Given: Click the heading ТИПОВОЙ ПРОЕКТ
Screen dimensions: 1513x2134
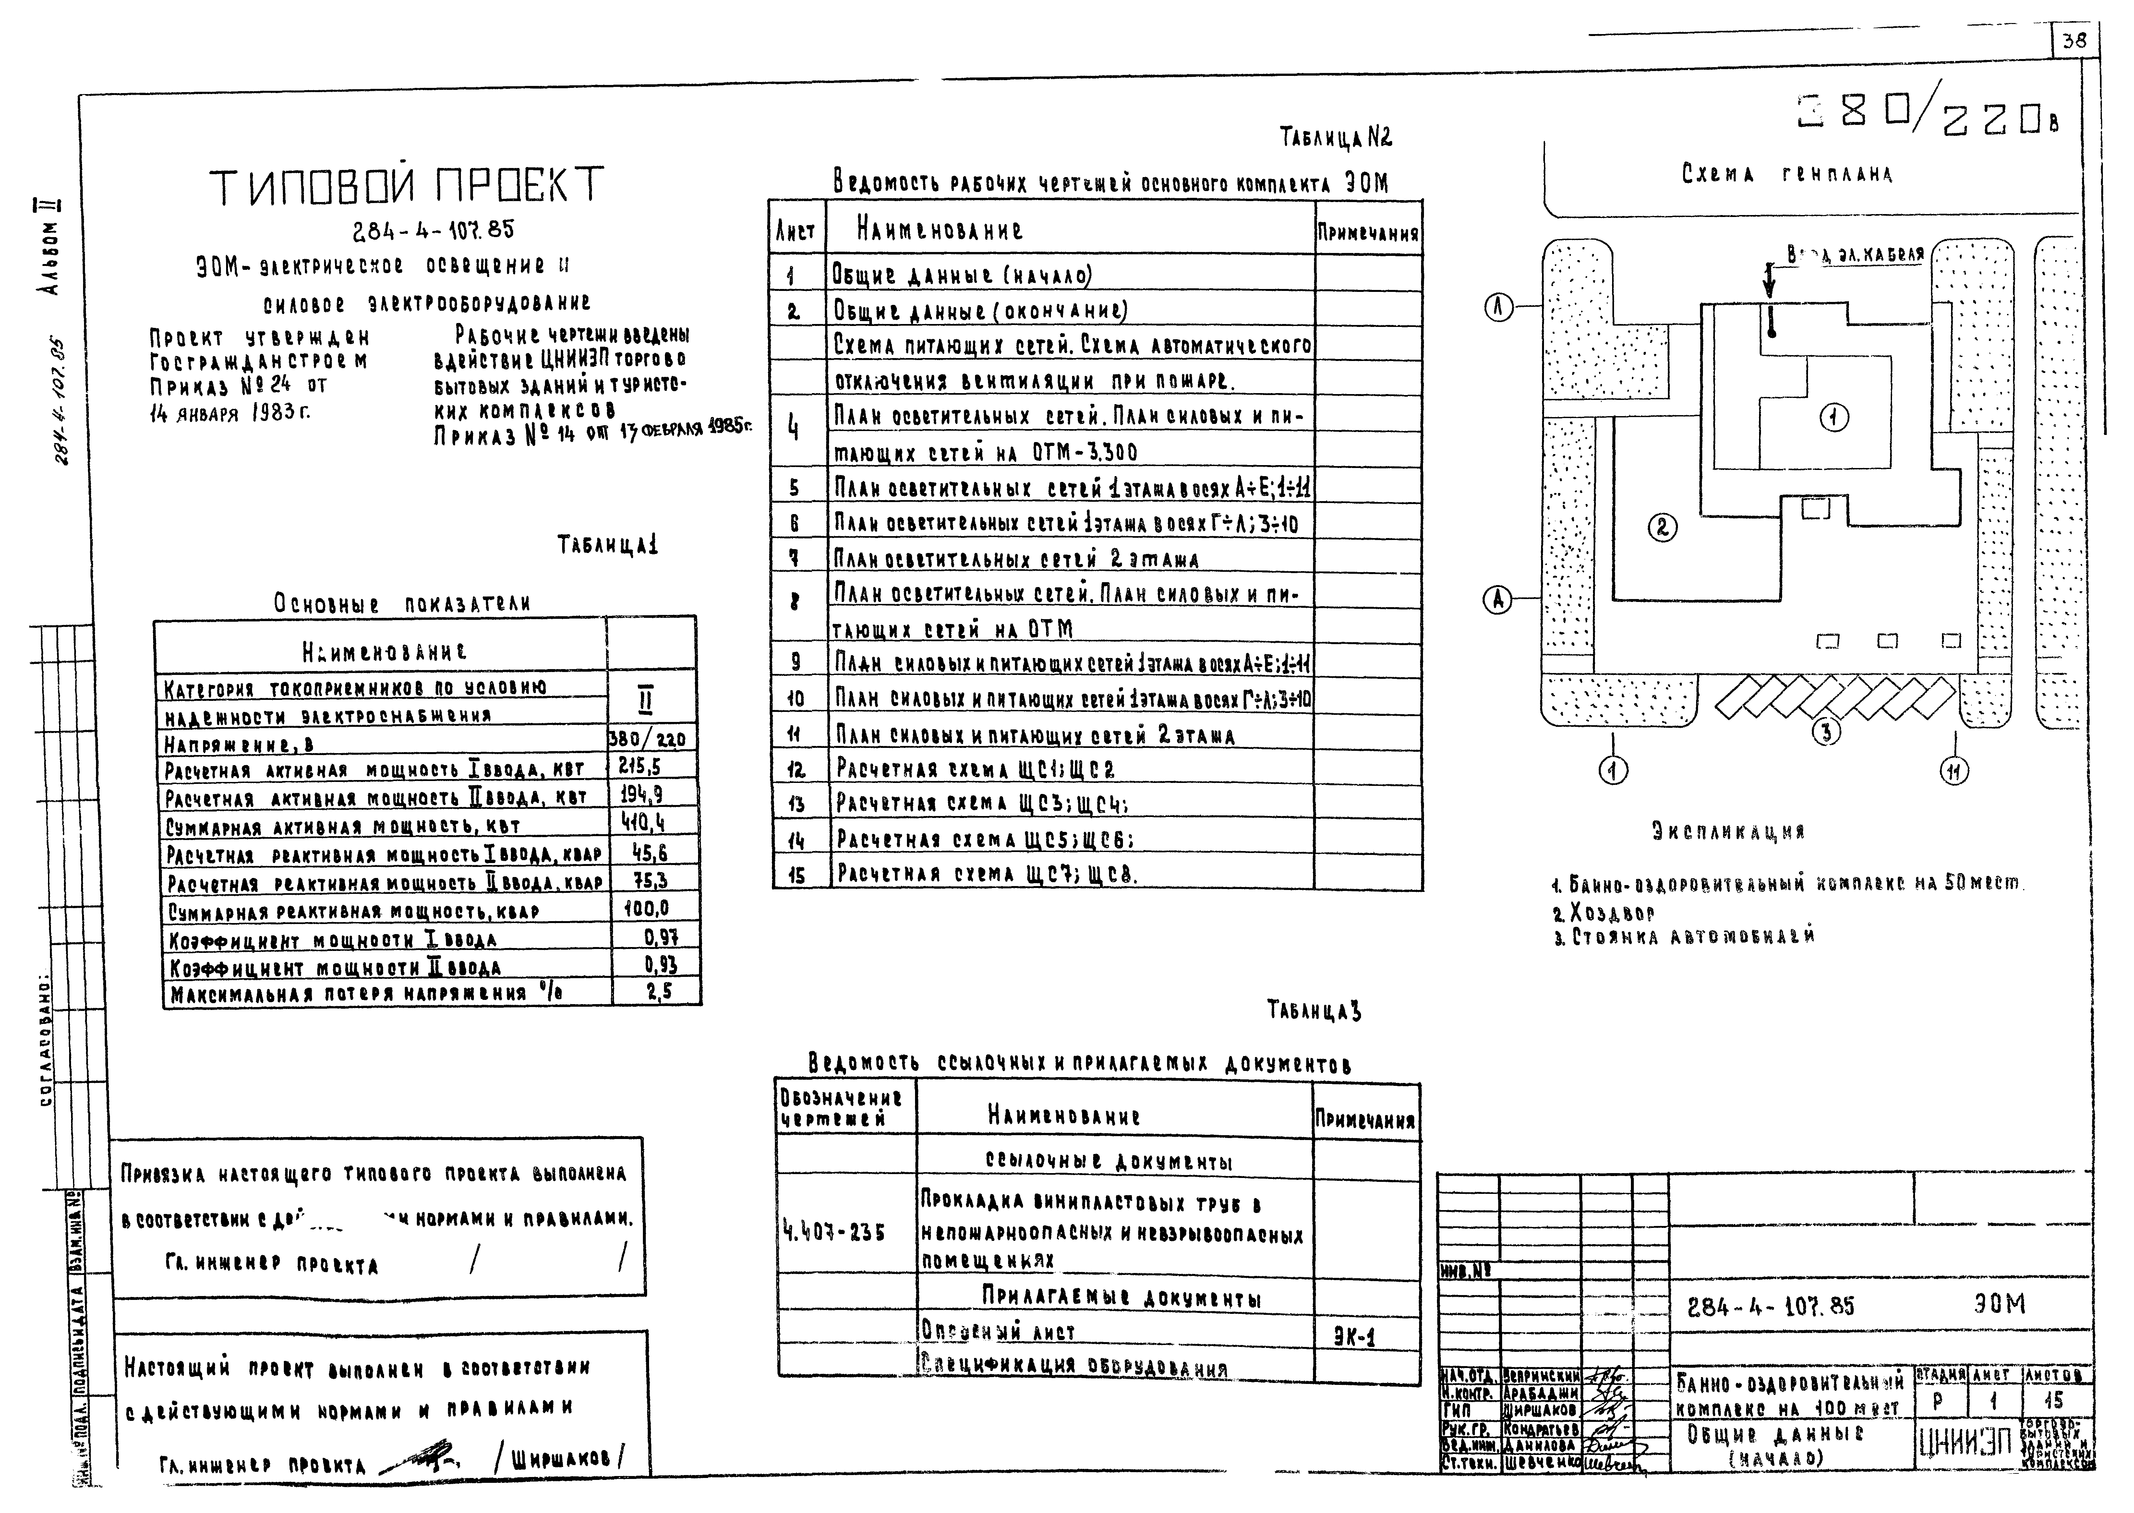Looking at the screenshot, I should click(407, 186).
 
